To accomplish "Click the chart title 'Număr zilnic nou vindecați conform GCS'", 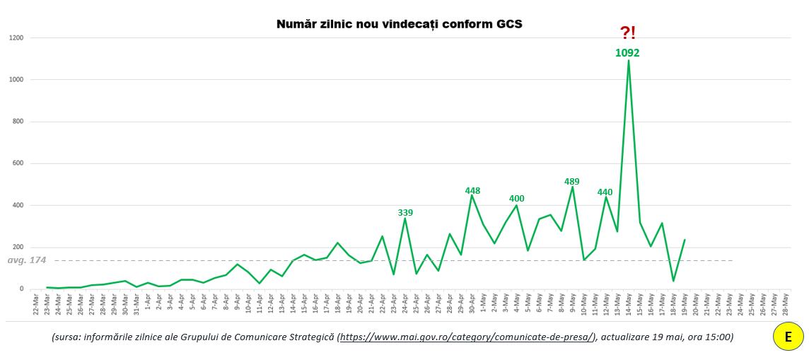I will point(399,25).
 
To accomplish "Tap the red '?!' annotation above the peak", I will point(627,33).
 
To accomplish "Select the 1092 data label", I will point(627,52).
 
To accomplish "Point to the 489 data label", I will point(572,182).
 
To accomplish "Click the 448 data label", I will point(472,190).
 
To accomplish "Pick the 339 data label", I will point(405,212).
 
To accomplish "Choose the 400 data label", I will point(517,199).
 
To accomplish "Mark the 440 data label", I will point(605,192).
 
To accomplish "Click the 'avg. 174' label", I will point(27,260).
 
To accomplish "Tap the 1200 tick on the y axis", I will point(17,37).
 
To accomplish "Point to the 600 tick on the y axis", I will point(18,163).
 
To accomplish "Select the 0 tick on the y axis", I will point(22,289).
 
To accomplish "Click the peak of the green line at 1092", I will point(628,61).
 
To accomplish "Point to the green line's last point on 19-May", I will point(685,240).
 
